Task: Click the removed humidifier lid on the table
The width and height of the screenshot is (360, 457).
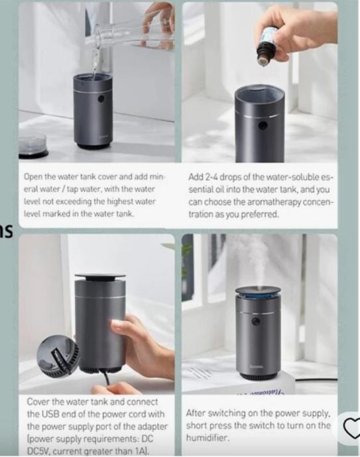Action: pyautogui.click(x=33, y=146)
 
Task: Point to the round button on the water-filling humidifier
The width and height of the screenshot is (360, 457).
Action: pyautogui.click(x=101, y=99)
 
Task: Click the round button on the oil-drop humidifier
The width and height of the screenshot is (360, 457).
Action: pyautogui.click(x=263, y=126)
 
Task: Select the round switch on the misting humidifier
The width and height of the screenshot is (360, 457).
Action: pyautogui.click(x=256, y=322)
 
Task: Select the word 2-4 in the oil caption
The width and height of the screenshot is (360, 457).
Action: pyautogui.click(x=211, y=177)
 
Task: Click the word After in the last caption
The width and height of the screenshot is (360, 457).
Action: pyautogui.click(x=196, y=413)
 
